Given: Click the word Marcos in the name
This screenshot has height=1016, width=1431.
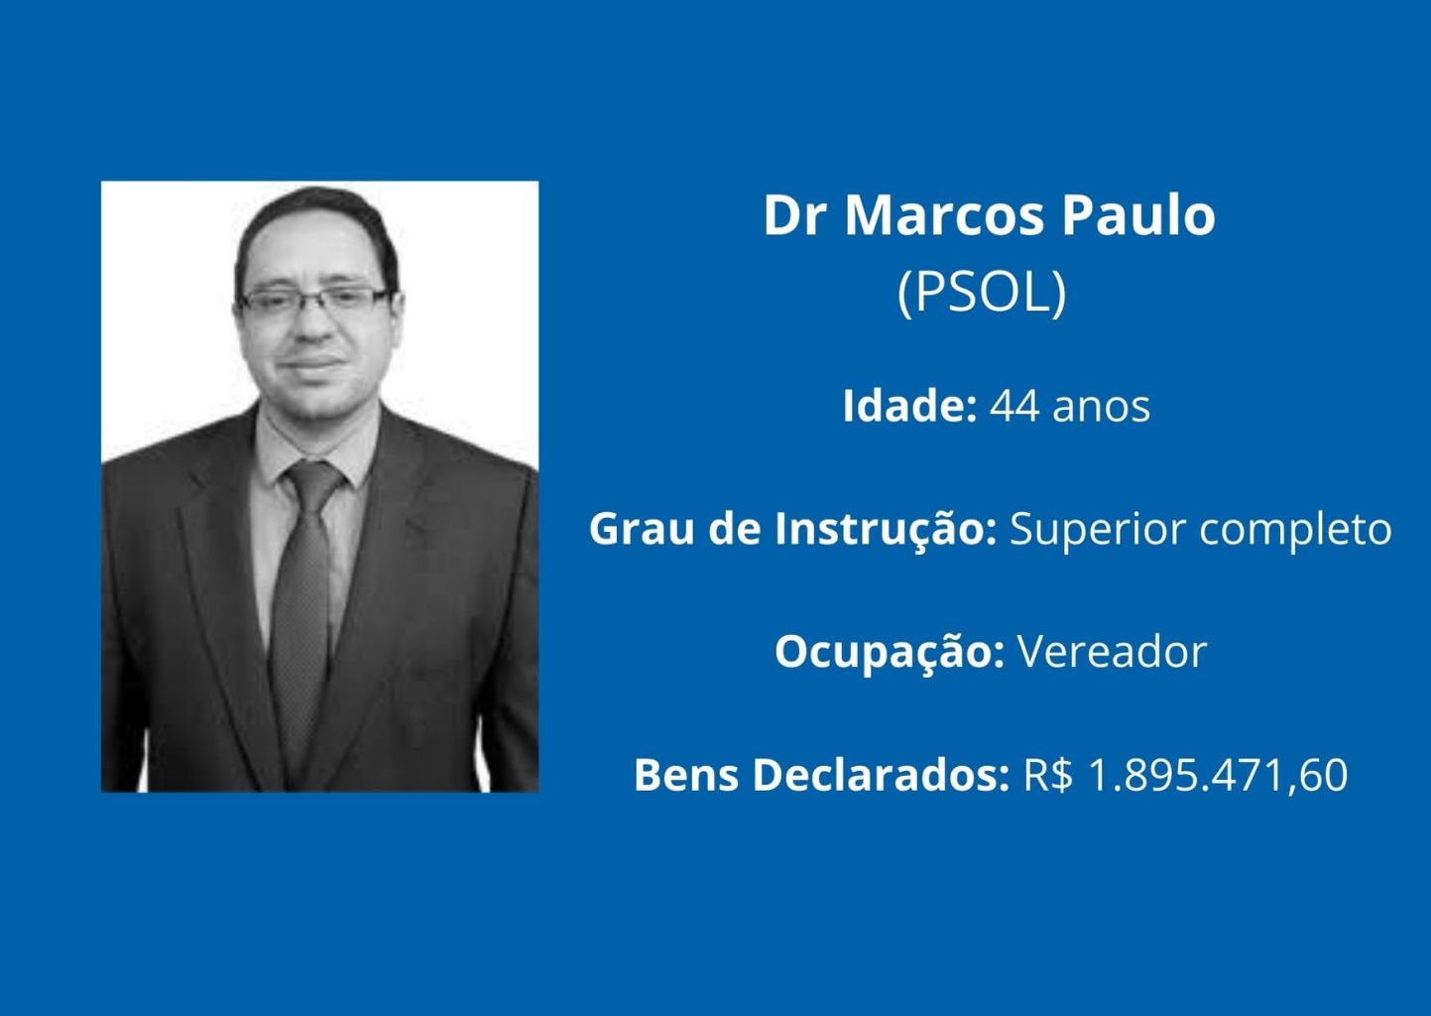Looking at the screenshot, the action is click(945, 215).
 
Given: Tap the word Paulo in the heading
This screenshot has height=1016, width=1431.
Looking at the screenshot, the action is click(1139, 215).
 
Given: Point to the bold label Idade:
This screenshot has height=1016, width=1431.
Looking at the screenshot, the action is click(909, 406).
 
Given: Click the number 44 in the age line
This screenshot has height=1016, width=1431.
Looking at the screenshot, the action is click(1014, 407).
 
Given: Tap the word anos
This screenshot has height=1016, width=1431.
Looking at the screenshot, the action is click(1101, 409).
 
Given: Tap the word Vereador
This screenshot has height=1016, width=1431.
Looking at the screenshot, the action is click(1113, 653).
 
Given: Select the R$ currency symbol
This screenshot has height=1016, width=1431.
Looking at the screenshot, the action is click(1048, 776).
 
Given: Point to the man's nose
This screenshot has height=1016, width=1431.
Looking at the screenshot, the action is click(314, 324).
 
